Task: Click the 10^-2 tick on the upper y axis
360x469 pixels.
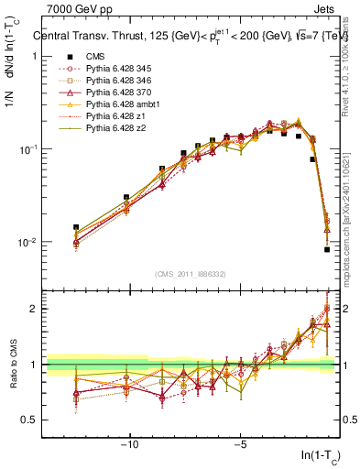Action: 27,243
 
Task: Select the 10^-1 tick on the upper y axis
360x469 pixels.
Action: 27,149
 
